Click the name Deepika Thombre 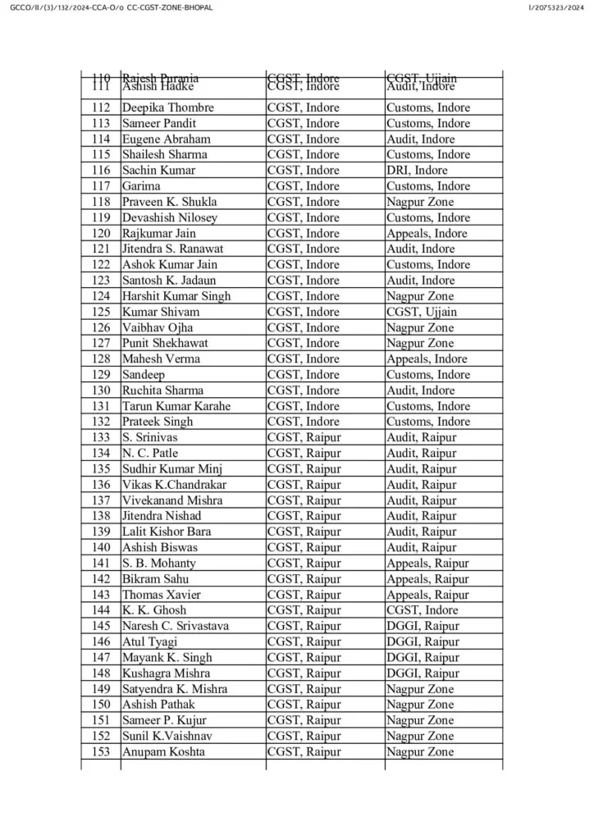[167, 107]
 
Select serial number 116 [101, 171]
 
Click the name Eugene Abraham [166, 139]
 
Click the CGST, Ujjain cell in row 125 [422, 312]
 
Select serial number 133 [101, 437]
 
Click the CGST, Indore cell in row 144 [422, 610]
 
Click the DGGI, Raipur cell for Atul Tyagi [423, 641]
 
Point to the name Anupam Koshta [163, 752]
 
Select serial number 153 [101, 752]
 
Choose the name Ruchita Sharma [162, 390]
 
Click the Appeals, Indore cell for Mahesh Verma [427, 358]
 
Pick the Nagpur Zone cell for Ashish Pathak [419, 705]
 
